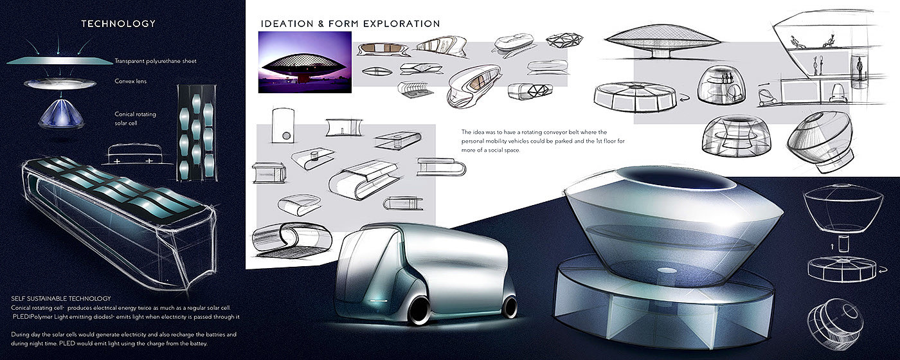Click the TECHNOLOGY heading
[x=118, y=24]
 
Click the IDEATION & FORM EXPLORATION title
[x=350, y=24]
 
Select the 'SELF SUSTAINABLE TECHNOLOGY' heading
[x=62, y=298]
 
